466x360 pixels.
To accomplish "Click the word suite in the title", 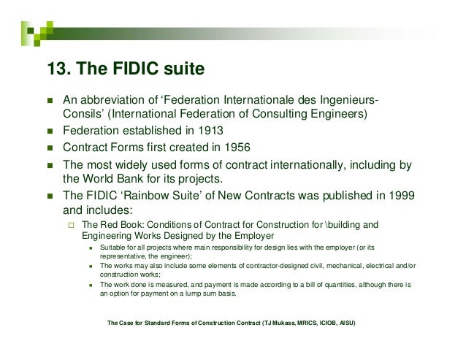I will [x=179, y=71].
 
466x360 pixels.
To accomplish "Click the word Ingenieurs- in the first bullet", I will [x=342, y=102].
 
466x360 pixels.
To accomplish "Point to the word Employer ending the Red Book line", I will [x=252, y=237].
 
